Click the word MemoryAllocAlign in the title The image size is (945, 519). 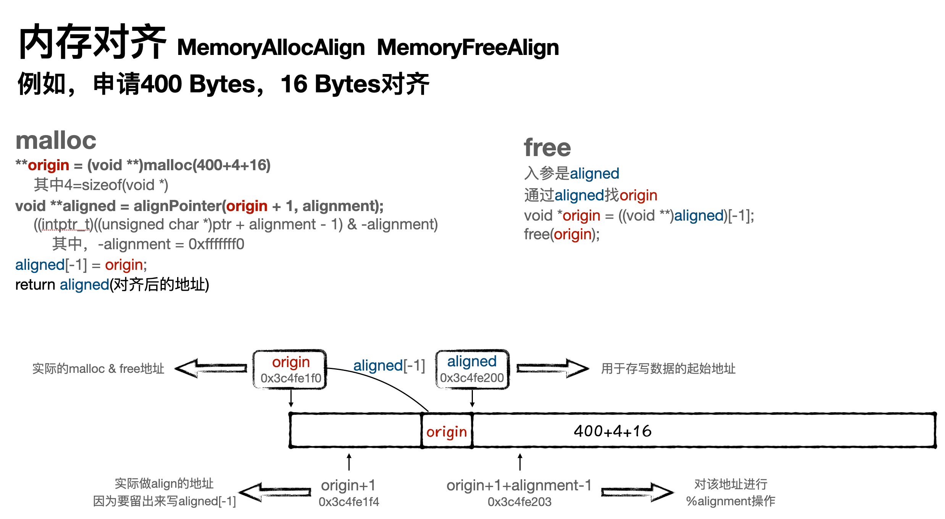point(271,48)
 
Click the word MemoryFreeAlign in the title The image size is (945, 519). point(468,48)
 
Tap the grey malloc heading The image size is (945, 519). point(56,140)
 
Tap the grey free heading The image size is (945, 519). point(547,148)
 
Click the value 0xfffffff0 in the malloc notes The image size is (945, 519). point(216,244)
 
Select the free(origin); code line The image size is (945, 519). point(561,234)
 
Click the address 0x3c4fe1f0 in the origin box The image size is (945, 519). point(291,378)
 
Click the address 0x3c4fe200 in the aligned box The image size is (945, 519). point(472,378)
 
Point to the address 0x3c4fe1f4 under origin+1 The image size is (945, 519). point(349,502)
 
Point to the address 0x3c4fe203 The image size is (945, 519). point(519,502)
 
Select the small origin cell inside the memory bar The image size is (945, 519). point(447,432)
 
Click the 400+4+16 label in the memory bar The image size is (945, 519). point(613,431)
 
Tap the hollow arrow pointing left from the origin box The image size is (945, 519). point(211,368)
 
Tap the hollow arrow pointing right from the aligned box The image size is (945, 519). point(553,368)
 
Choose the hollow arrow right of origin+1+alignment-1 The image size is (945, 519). point(637,492)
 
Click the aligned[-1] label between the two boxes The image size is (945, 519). point(389,366)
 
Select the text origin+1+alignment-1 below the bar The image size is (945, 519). point(519,485)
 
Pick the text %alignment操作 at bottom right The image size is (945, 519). point(731,501)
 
